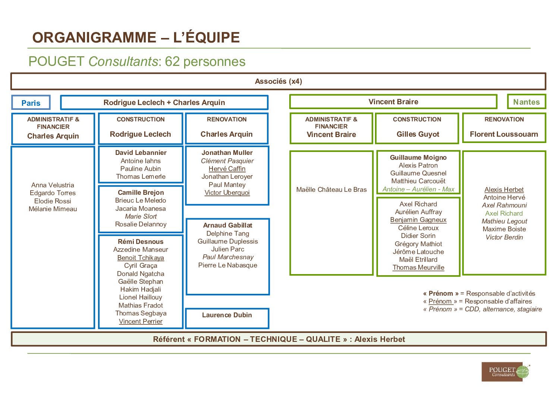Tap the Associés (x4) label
pyautogui.click(x=278, y=82)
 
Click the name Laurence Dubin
pyautogui.click(x=227, y=315)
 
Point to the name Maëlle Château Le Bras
pyautogui.click(x=331, y=190)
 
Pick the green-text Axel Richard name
pyautogui.click(x=504, y=213)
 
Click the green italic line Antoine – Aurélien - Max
pyautogui.click(x=418, y=189)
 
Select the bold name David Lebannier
pyautogui.click(x=141, y=153)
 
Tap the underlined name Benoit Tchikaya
pyautogui.click(x=141, y=258)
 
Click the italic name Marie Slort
pyautogui.click(x=141, y=216)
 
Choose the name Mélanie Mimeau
pyautogui.click(x=53, y=209)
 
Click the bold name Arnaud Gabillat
pyautogui.click(x=228, y=225)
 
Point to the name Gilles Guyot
pyautogui.click(x=418, y=134)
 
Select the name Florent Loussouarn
pyautogui.click(x=504, y=134)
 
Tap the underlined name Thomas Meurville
pyautogui.click(x=418, y=267)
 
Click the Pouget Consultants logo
pyautogui.click(x=505, y=372)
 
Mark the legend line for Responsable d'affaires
pyautogui.click(x=477, y=301)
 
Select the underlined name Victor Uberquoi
pyautogui.click(x=227, y=193)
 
